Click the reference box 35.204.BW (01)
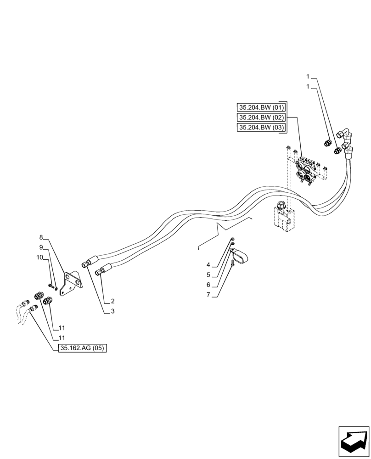[261, 107]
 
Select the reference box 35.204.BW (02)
[261, 118]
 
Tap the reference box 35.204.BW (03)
[261, 128]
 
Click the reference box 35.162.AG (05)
[83, 348]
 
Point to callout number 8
[41, 237]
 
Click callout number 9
[41, 247]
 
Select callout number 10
[39, 257]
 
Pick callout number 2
[112, 301]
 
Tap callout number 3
[112, 312]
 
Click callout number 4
[208, 265]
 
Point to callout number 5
[208, 275]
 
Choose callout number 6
[208, 285]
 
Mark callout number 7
[208, 295]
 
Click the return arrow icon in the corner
[354, 442]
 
